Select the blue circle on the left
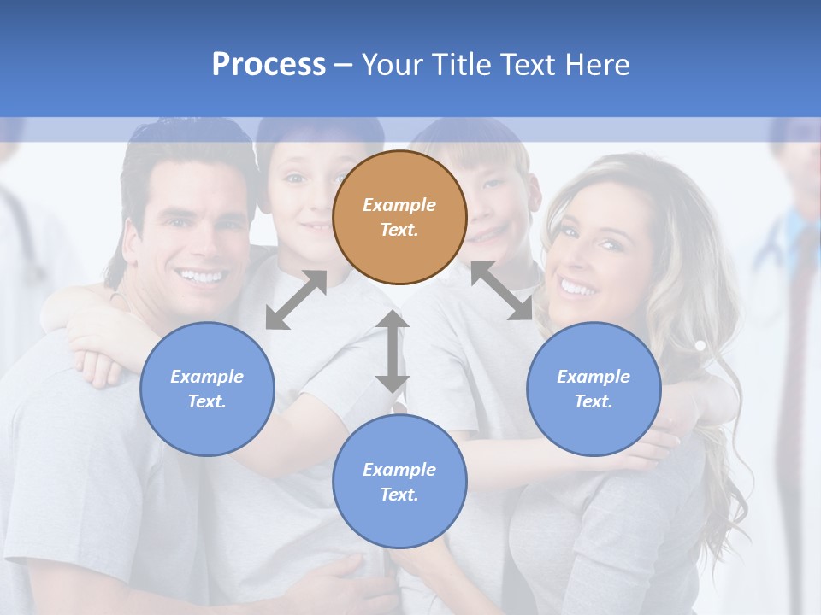click(x=207, y=389)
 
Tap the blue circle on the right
click(x=594, y=389)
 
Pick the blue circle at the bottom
click(x=399, y=482)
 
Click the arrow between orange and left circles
click(x=296, y=300)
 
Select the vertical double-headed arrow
click(x=393, y=351)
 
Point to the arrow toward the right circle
click(x=502, y=290)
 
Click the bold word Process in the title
click(x=269, y=64)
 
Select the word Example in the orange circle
click(x=399, y=205)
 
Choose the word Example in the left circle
click(x=207, y=377)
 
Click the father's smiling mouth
click(x=199, y=276)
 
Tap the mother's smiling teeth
click(x=577, y=289)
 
